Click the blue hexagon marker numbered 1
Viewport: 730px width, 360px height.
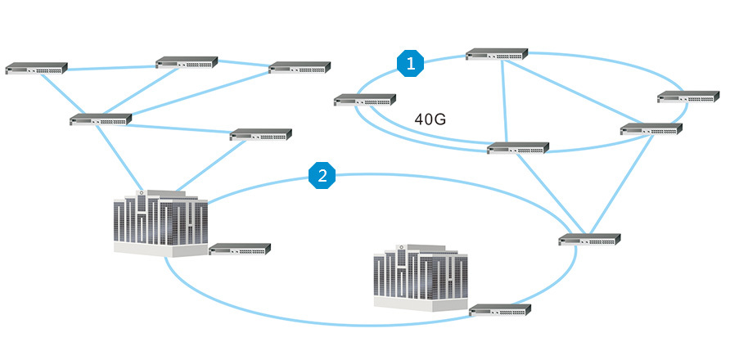coord(411,62)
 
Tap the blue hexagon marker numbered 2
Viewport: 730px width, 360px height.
coord(322,175)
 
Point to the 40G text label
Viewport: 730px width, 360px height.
coord(430,119)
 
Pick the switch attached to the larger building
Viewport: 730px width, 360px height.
coord(240,249)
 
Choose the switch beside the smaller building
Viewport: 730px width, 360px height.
coord(500,310)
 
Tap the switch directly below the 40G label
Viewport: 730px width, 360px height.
coord(518,148)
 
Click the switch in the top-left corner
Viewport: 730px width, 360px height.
coord(37,68)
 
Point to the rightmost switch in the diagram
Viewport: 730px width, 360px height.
coord(689,97)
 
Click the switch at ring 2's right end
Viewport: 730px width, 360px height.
coord(590,240)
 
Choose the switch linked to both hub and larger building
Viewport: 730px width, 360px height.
coord(261,134)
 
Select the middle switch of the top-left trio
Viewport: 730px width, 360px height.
coord(187,62)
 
